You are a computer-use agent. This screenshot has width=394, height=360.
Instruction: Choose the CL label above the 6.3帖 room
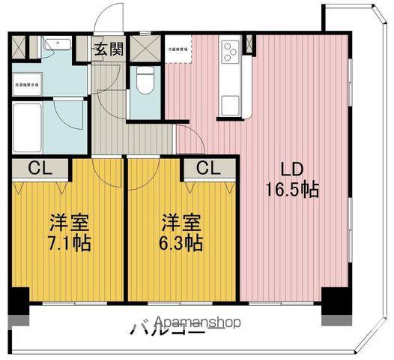coord(208,168)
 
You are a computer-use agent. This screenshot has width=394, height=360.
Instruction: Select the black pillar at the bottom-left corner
coord(19,301)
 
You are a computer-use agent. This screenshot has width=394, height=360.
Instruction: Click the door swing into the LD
coord(187,139)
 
